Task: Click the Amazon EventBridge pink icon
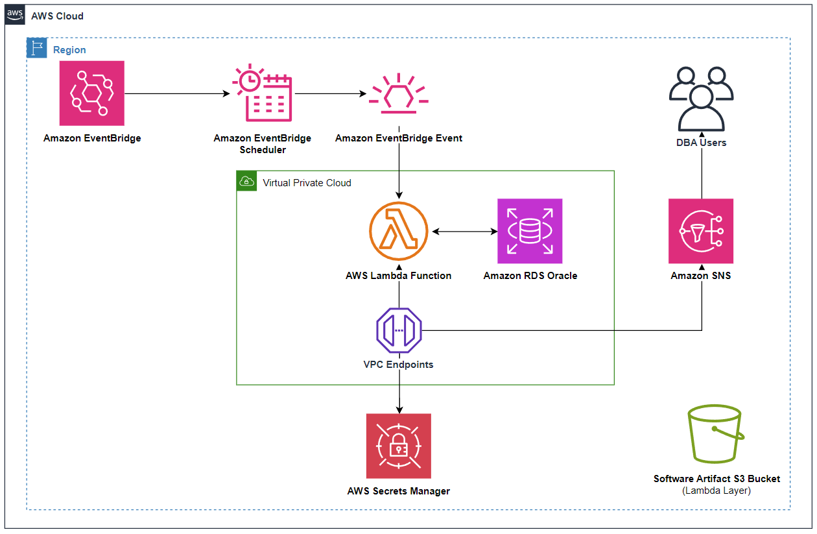pyautogui.click(x=91, y=93)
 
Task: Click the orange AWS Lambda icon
pyautogui.click(x=398, y=231)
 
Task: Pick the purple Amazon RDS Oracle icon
pyautogui.click(x=530, y=231)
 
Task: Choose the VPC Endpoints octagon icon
pyautogui.click(x=399, y=330)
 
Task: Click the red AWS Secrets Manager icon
pyautogui.click(x=398, y=446)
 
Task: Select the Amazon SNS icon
pyautogui.click(x=701, y=231)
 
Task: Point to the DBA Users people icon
pyautogui.click(x=701, y=98)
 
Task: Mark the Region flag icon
pyautogui.click(x=36, y=48)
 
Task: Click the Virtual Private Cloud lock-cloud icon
pyautogui.click(x=246, y=181)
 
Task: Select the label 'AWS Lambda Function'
pyautogui.click(x=398, y=276)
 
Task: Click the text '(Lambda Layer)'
pyautogui.click(x=716, y=491)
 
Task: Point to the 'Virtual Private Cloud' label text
pyautogui.click(x=307, y=183)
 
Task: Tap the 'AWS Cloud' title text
pyautogui.click(x=57, y=16)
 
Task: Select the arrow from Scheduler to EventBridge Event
pyautogui.click(x=330, y=93)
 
